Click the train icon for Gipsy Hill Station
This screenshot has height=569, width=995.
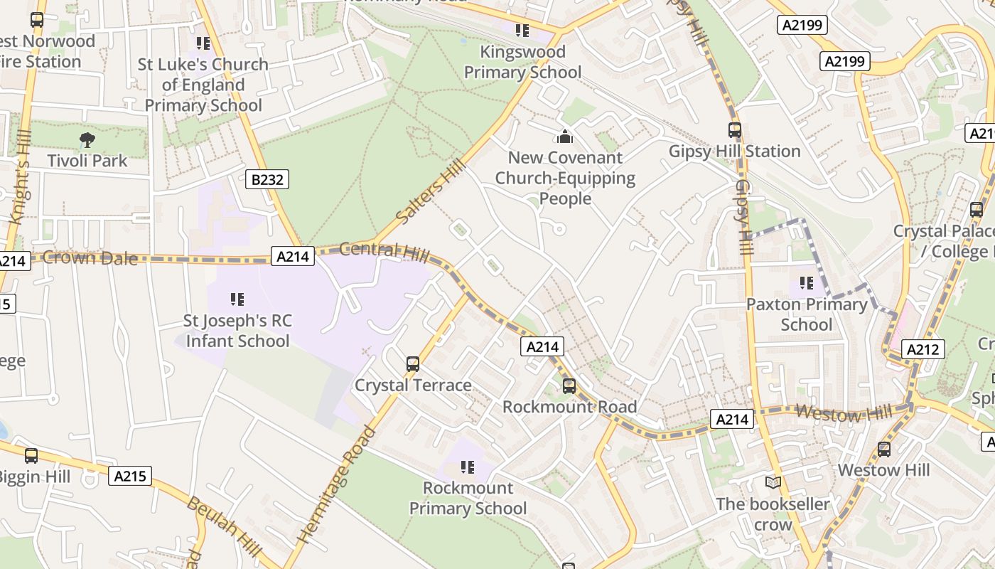click(x=735, y=130)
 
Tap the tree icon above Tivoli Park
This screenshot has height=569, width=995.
click(x=87, y=139)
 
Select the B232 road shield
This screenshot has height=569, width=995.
click(x=267, y=179)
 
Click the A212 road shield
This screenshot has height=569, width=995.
click(x=923, y=349)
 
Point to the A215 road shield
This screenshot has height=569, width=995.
click(x=130, y=475)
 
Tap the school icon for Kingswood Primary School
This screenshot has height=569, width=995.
click(x=522, y=31)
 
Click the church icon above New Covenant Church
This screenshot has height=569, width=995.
click(x=565, y=137)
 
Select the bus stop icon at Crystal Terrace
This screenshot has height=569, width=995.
click(x=412, y=364)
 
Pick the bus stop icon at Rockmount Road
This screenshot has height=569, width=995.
click(x=569, y=386)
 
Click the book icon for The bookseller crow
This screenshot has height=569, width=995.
click(x=773, y=483)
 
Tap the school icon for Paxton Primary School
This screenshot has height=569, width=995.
click(x=806, y=283)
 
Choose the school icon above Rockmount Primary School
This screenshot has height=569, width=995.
click(x=467, y=467)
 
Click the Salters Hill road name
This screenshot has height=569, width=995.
click(x=432, y=193)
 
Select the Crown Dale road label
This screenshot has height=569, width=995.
click(x=90, y=257)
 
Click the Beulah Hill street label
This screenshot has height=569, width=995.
click(x=223, y=526)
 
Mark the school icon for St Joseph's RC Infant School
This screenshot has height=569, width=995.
click(x=237, y=299)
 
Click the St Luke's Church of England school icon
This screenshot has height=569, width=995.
click(x=203, y=43)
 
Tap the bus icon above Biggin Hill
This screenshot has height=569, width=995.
click(x=31, y=455)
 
